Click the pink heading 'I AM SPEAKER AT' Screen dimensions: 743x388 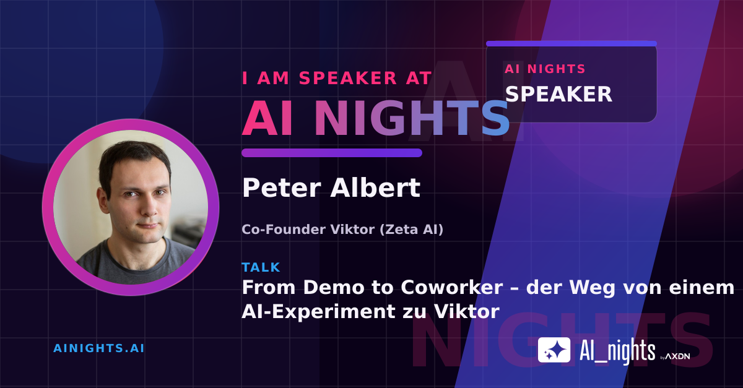(x=337, y=78)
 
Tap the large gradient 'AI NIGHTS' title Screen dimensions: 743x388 (x=375, y=118)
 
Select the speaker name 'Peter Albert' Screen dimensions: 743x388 (x=331, y=188)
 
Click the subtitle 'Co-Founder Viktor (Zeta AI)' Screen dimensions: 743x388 (x=342, y=230)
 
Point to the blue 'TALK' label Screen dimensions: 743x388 (x=261, y=267)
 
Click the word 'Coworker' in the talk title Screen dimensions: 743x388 (x=452, y=287)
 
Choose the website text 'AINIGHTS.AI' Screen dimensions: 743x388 (x=99, y=348)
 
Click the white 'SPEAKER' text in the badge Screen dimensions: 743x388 (x=558, y=94)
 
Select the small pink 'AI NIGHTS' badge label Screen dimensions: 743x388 (x=545, y=69)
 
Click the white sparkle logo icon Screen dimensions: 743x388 (x=554, y=350)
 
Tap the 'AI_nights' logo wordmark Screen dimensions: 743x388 (x=617, y=351)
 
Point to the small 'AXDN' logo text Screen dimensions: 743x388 (x=677, y=356)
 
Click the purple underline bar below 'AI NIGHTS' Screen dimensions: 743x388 (x=332, y=153)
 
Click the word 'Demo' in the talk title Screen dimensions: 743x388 (x=332, y=287)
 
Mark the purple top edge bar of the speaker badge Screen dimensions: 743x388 (x=571, y=43)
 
